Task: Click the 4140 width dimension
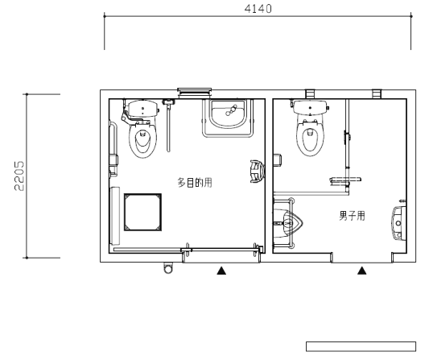pos(258,9)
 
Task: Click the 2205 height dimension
pos(19,176)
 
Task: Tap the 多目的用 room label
pos(195,183)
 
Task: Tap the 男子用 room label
pos(352,216)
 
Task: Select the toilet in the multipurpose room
pos(142,129)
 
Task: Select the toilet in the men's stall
pos(310,128)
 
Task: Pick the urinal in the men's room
pos(288,223)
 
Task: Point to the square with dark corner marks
pos(142,212)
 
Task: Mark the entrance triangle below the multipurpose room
pos(221,271)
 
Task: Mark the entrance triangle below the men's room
pos(361,271)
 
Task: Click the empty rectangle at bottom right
pos(361,346)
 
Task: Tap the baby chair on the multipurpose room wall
pos(258,172)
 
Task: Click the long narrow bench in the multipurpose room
pos(115,216)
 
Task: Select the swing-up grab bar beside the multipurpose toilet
pos(168,125)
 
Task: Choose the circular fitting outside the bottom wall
pos(168,268)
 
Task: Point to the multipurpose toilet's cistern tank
pos(142,109)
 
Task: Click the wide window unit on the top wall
pos(194,93)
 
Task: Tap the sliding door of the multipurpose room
pos(221,250)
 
